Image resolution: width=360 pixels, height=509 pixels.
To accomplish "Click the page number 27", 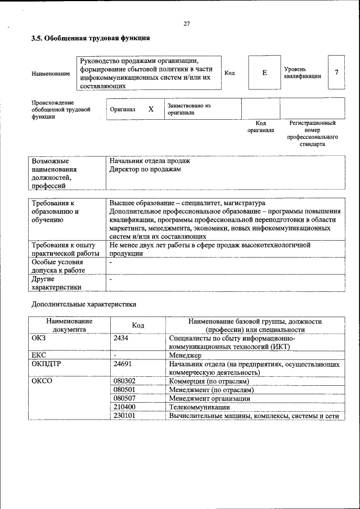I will click(187, 24).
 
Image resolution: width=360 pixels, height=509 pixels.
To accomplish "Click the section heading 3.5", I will click(90, 38).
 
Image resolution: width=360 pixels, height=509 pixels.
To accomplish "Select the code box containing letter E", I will click(264, 73).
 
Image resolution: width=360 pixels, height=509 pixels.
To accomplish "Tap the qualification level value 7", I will click(336, 73).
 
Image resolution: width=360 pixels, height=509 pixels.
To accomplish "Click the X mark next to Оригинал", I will click(151, 109).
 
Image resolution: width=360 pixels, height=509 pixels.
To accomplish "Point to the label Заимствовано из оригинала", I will click(188, 109).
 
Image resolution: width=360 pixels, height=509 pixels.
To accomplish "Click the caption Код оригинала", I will click(260, 127).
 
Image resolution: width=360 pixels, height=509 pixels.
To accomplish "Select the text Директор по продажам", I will click(145, 169).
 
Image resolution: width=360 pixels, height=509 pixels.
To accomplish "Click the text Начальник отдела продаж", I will click(150, 161).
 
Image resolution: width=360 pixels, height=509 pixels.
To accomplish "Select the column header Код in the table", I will click(138, 326).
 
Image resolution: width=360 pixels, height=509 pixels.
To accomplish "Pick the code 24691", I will click(123, 364).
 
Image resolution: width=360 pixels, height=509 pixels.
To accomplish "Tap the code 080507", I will click(124, 398).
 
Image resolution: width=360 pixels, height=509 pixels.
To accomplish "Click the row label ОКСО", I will click(42, 381).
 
